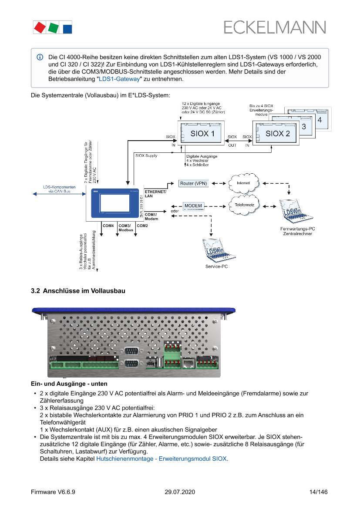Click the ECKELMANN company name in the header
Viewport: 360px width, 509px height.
click(275, 27)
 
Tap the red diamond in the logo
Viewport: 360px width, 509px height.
click(40, 28)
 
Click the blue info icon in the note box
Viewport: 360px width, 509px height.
click(40, 57)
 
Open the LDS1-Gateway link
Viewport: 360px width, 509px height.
click(119, 79)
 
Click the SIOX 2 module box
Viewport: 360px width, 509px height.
click(277, 133)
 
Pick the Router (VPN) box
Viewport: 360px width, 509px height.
click(194, 183)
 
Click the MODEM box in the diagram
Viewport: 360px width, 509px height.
click(193, 206)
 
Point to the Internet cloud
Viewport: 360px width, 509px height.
click(243, 183)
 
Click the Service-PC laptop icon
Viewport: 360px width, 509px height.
click(216, 250)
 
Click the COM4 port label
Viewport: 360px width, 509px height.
click(108, 226)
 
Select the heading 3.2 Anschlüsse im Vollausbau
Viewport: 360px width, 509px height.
click(78, 291)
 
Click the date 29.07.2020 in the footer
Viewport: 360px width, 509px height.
click(180, 492)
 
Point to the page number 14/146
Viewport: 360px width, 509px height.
click(318, 492)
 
